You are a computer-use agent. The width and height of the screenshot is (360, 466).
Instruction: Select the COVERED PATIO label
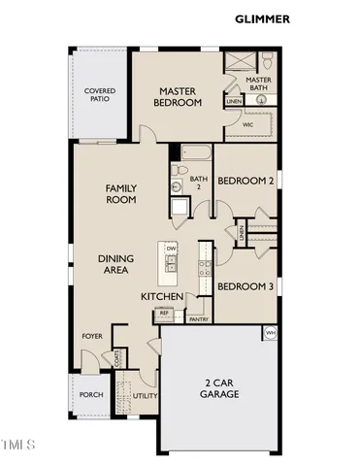tap(100, 95)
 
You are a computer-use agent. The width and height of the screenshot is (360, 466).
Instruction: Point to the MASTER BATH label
tap(258, 84)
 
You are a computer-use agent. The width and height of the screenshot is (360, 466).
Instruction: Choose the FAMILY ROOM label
tap(121, 193)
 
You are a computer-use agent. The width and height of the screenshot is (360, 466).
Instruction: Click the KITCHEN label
tap(161, 296)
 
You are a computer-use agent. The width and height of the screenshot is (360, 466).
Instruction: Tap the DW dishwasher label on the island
tap(171, 249)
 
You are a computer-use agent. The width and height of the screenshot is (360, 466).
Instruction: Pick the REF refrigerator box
tap(164, 314)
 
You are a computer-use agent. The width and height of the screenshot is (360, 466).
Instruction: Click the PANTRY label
tap(200, 318)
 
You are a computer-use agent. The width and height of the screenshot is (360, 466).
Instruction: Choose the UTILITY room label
tap(145, 396)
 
